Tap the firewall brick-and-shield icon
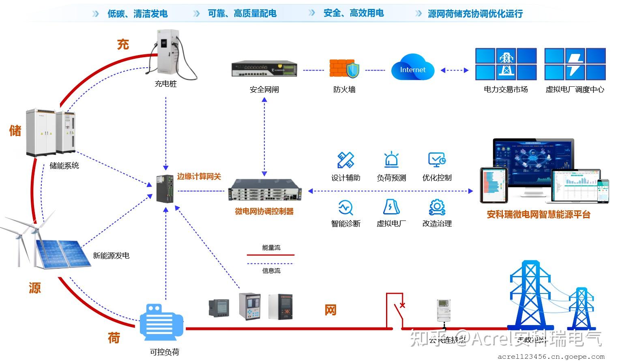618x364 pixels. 344,69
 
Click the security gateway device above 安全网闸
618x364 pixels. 264,69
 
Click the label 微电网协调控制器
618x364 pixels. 264,211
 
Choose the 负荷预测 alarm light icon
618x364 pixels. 391,160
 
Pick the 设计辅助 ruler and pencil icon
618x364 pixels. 345,160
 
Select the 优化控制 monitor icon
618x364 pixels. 437,160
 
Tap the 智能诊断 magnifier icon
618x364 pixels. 345,207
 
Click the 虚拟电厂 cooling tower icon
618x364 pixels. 391,207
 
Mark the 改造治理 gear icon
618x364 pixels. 437,207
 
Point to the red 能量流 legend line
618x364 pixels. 270,255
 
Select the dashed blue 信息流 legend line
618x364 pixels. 270,264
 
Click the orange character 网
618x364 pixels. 330,310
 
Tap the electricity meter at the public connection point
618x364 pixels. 444,310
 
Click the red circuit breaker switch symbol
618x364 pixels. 395,310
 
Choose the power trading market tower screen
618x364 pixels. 506,64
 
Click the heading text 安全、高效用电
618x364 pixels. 353,13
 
